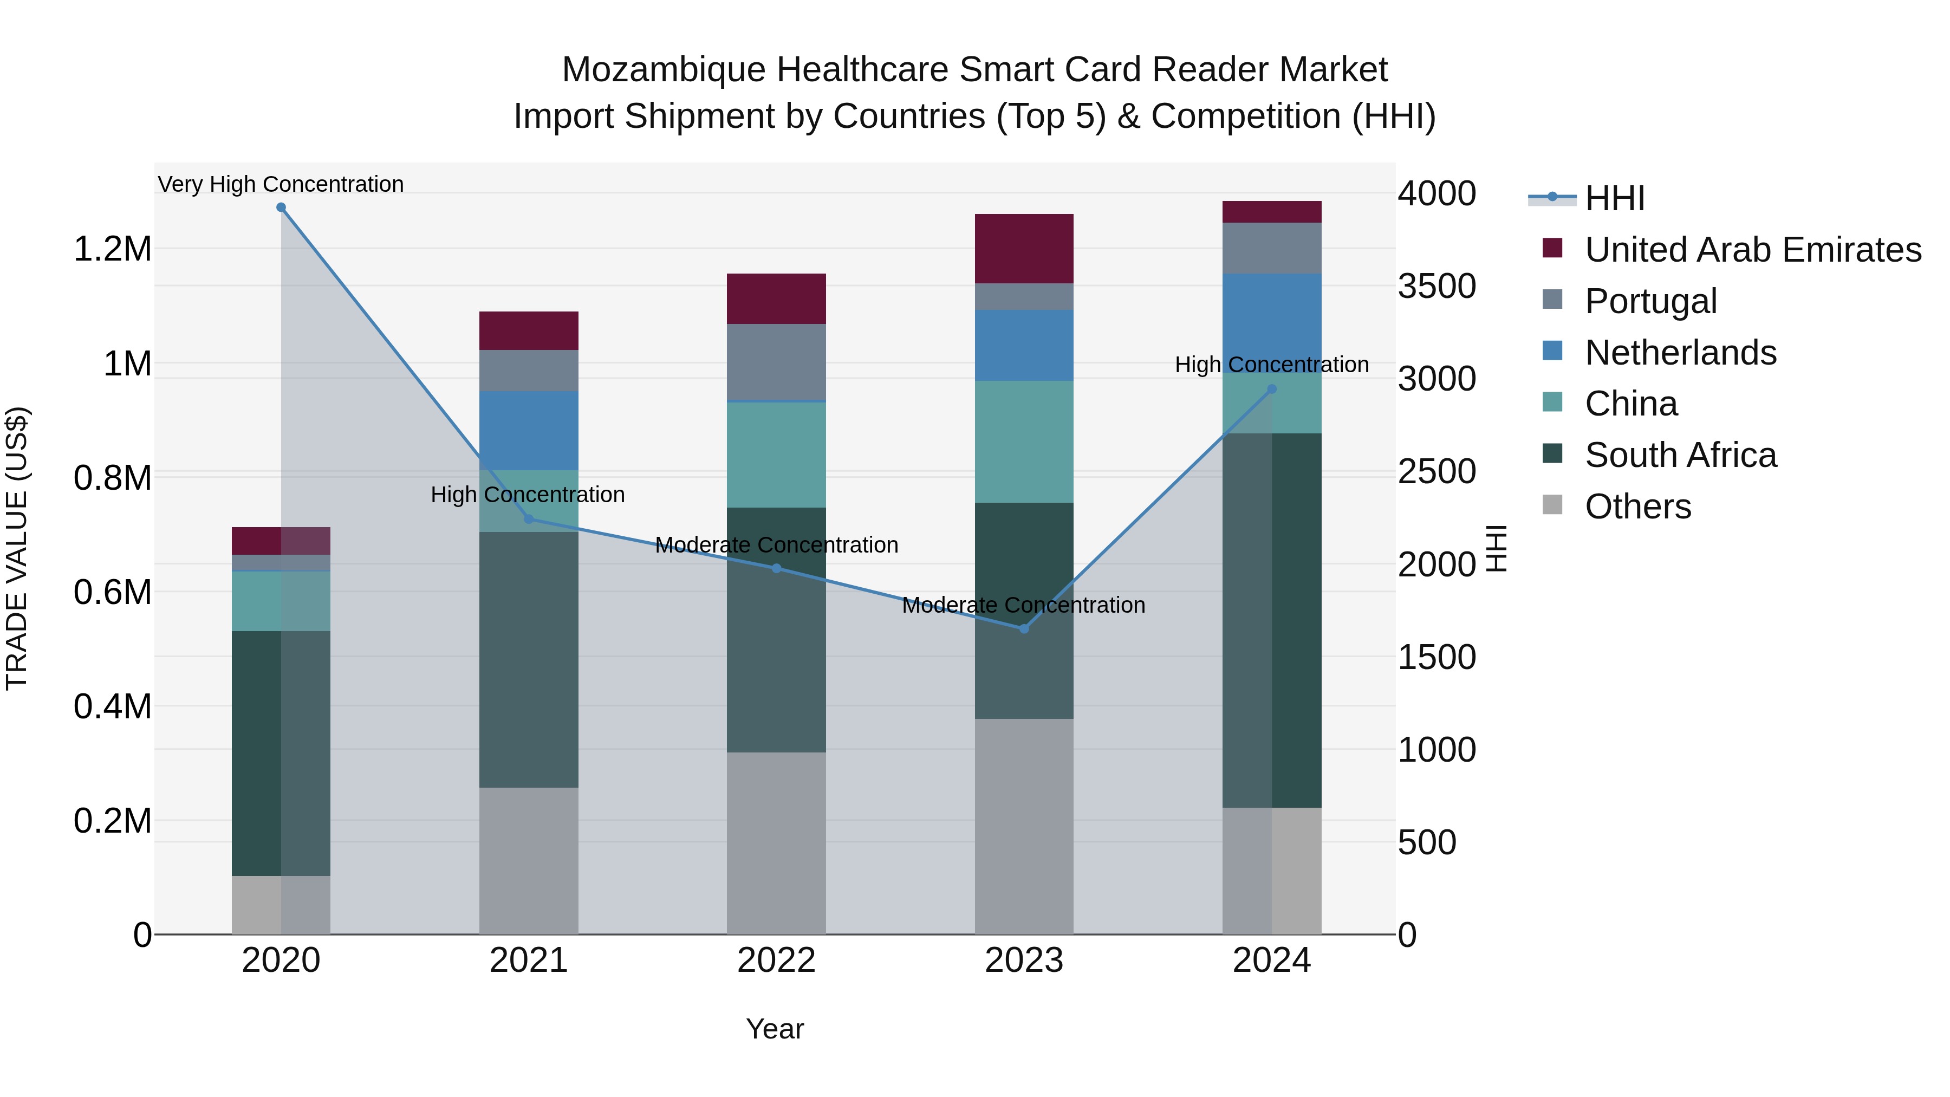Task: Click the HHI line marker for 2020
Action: click(x=281, y=207)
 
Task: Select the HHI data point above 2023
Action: click(x=1024, y=628)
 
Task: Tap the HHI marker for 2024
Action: click(x=1272, y=389)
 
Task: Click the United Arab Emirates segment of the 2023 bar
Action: click(x=1024, y=248)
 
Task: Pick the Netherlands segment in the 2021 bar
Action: click(x=528, y=430)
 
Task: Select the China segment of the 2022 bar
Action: click(x=776, y=455)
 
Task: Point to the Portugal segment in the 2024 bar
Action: click(x=1272, y=248)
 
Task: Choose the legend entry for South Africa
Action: click(x=1680, y=455)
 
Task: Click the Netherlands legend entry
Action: click(x=1680, y=353)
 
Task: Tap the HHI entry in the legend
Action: click(x=1614, y=198)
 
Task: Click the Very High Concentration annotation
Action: click(x=281, y=184)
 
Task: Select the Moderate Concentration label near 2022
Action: click(x=776, y=545)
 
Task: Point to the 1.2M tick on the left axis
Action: click(x=112, y=249)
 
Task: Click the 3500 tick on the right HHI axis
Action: click(x=1436, y=286)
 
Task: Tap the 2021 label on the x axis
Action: click(x=528, y=960)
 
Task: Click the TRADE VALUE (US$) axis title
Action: click(x=17, y=548)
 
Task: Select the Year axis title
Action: click(x=775, y=1029)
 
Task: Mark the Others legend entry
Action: click(x=1637, y=507)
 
